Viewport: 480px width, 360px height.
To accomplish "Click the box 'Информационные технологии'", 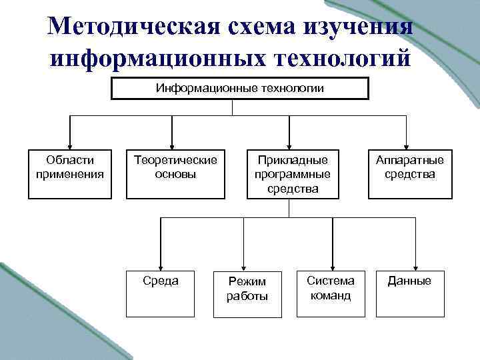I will point(239,89).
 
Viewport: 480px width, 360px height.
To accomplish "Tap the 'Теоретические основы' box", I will point(175,173).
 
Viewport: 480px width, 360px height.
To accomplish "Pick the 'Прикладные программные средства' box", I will point(289,173).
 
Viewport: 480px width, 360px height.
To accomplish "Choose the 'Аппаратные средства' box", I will point(409,173).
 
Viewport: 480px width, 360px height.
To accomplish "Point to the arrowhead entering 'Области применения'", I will point(68,144).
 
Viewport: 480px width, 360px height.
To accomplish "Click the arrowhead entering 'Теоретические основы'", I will point(173,144).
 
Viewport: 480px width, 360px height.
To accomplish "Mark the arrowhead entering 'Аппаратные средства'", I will point(406,144).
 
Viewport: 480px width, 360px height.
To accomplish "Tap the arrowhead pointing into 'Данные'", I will point(415,265).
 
